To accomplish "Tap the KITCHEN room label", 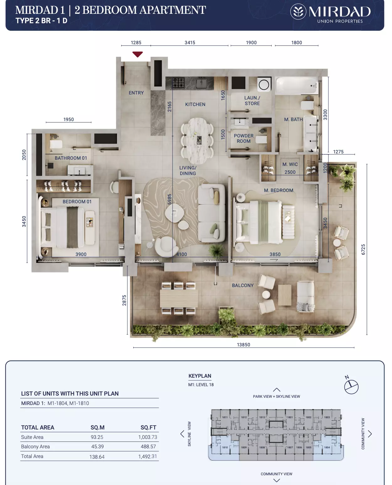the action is [x=195, y=104].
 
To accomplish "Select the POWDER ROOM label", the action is [x=244, y=138].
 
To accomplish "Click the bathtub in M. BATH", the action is [x=297, y=86].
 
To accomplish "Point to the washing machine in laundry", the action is [x=264, y=85].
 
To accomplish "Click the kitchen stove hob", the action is [x=178, y=83].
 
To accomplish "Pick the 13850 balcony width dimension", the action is [x=243, y=344].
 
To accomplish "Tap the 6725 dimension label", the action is [x=363, y=249].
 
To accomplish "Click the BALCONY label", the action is [x=243, y=285].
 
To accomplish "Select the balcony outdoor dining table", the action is [x=179, y=298].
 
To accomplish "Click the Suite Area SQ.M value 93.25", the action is [x=97, y=437].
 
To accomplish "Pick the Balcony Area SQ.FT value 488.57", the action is [x=148, y=446].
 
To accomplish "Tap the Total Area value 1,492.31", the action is [x=147, y=456].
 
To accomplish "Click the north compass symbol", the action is [x=351, y=386].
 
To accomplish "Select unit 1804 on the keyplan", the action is [x=327, y=447].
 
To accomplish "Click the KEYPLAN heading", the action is [x=200, y=376].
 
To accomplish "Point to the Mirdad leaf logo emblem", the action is [x=298, y=11].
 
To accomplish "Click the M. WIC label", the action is [x=290, y=164].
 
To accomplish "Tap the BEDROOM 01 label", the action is [x=77, y=201].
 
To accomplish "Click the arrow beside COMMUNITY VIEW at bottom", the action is [x=276, y=480].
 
